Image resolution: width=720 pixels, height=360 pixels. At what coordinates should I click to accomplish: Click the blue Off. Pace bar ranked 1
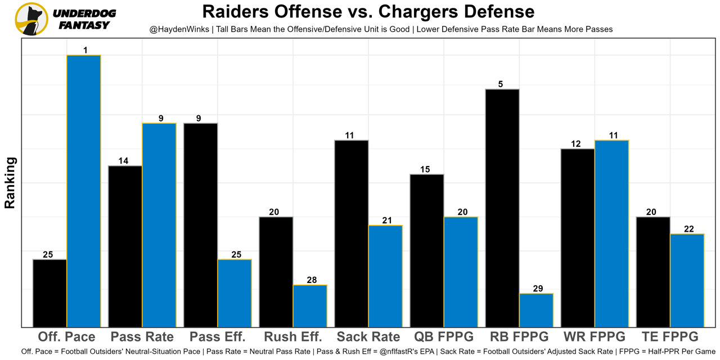pos(84,191)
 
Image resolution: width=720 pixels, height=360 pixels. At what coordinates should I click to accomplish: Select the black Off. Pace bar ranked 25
pos(50,293)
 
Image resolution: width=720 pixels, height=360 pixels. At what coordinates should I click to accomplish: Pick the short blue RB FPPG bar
pos(536,310)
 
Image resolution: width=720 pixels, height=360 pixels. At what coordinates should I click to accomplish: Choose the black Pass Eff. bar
pos(201,224)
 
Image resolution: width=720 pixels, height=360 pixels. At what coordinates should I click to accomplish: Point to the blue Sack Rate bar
pos(385,276)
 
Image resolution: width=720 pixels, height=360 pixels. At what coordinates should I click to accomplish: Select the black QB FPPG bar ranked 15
pos(427,250)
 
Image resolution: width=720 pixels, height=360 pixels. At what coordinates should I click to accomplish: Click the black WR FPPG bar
pos(578,237)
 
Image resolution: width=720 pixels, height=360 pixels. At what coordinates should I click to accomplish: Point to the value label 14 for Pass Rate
pos(123,161)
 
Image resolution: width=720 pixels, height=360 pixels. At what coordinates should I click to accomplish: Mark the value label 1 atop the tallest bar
pos(85,51)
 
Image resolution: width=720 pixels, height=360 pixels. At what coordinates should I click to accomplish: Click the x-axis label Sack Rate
pos(368,337)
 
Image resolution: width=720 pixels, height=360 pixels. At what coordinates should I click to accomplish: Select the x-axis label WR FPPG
pos(595,337)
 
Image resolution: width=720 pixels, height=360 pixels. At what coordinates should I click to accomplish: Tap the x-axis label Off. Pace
pos(66,337)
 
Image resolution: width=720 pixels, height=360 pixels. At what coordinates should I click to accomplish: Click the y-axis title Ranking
pos(10,183)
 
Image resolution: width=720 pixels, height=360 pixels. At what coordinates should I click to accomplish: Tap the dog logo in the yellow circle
pos(31,19)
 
